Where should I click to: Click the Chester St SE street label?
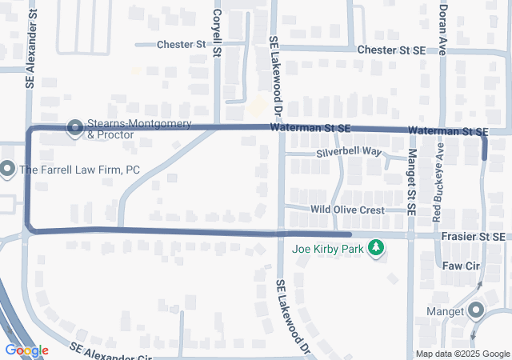point(391,50)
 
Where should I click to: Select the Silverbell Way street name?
point(349,151)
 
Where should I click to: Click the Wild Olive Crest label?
point(348,209)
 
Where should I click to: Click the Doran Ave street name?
point(442,27)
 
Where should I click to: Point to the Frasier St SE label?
point(473,237)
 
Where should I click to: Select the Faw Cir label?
point(459,264)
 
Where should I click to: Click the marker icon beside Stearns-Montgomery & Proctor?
point(75,128)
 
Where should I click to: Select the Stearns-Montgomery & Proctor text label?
point(139,130)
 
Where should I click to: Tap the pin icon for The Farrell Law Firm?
point(7,169)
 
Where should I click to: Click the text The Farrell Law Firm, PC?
point(69,170)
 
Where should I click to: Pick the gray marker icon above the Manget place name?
point(476,309)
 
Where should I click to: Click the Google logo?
point(26,350)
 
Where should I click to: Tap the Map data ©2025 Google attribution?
point(462,354)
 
